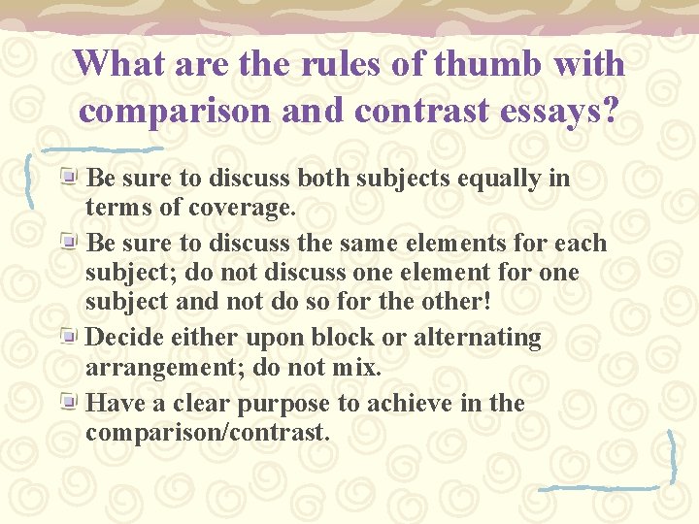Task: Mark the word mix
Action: click(x=357, y=369)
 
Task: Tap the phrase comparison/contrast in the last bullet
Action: click(x=208, y=433)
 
